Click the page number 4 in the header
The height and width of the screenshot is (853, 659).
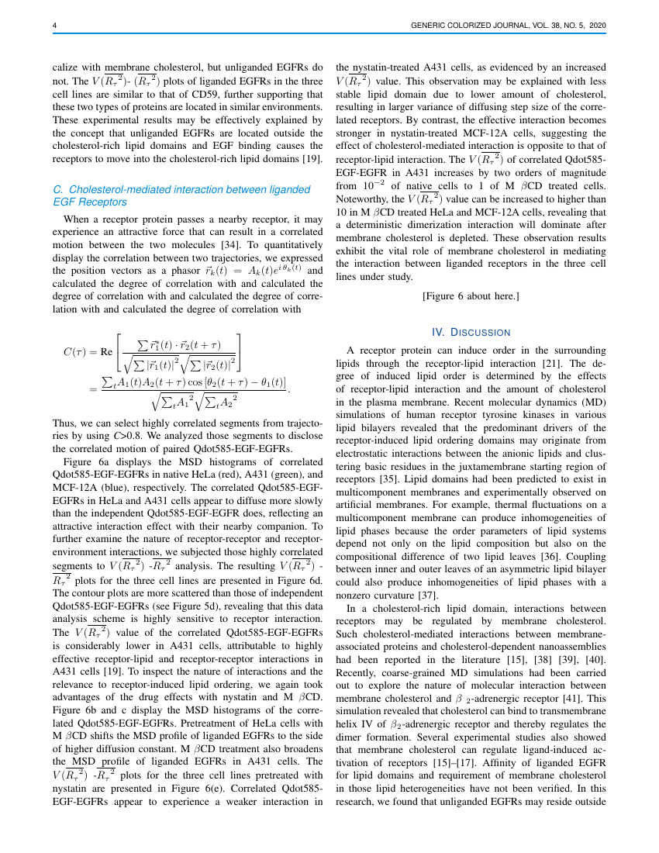(54, 26)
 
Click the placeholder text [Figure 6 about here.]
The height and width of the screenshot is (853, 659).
(471, 296)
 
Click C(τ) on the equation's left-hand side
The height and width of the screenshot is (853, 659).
(78, 351)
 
